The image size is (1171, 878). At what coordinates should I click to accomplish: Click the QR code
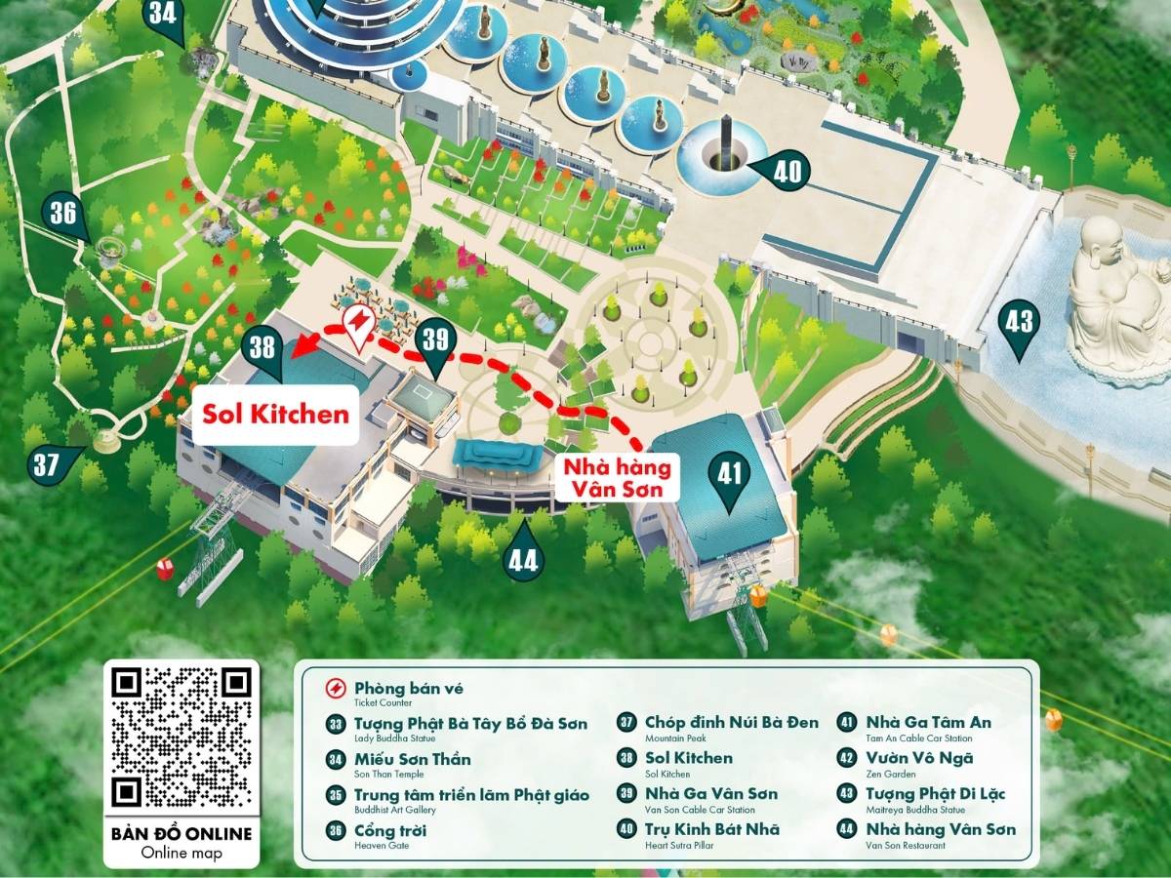pos(182,737)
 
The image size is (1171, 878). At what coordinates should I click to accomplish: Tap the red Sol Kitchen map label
pos(275,414)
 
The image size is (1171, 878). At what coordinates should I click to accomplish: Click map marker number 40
pos(787,173)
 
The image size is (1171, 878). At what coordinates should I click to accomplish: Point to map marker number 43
pos(1019,323)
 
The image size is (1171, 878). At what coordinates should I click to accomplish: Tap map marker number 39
pos(435,340)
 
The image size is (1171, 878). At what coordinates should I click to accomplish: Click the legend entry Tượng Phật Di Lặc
pos(921,793)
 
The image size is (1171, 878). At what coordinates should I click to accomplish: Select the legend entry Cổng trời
pos(376,831)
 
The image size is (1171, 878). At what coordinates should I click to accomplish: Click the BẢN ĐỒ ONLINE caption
pos(182,833)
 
